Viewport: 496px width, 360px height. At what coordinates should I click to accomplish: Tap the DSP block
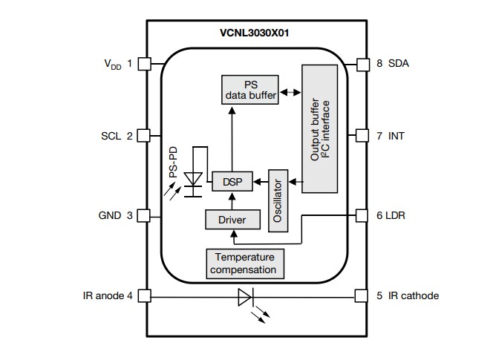(x=231, y=181)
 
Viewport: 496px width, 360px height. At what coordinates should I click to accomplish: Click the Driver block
(x=231, y=220)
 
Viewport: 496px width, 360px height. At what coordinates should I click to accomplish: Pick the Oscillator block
(x=278, y=200)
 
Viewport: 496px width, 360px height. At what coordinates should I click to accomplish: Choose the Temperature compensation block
(x=244, y=263)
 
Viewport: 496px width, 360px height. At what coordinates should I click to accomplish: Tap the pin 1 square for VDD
(x=145, y=64)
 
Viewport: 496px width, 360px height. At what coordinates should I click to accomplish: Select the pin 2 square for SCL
(x=145, y=136)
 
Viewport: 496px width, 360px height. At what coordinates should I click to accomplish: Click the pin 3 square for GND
(x=145, y=216)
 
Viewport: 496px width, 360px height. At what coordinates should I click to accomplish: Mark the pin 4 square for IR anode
(x=145, y=296)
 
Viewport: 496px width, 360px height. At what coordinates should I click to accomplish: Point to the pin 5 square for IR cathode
(x=362, y=296)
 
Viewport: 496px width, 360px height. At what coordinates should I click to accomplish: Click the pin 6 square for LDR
(x=362, y=216)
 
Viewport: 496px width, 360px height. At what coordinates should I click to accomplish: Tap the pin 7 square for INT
(x=362, y=136)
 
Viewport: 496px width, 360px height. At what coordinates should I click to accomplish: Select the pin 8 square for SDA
(x=362, y=64)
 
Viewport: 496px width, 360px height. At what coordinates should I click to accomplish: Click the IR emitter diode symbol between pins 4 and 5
(x=246, y=298)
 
